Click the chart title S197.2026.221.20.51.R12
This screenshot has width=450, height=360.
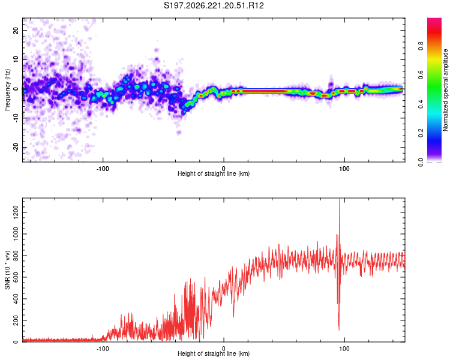click(x=214, y=5)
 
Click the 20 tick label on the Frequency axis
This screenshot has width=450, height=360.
click(x=16, y=30)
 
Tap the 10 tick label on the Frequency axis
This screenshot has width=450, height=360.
click(x=16, y=59)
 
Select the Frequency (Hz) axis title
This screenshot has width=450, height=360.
click(x=7, y=90)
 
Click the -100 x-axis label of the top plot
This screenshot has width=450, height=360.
click(x=103, y=169)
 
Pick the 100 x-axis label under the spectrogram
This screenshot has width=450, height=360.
click(x=344, y=169)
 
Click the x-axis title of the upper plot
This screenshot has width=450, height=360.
click(x=214, y=173)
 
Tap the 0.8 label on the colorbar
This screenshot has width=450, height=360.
click(x=421, y=46)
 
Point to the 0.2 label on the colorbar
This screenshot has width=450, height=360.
click(x=421, y=133)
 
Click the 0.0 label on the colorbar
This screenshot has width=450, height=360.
click(x=421, y=162)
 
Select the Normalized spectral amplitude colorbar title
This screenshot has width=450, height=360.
click(x=445, y=90)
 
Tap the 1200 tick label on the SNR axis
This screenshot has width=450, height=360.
click(x=16, y=212)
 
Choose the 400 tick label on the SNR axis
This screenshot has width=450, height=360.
click(x=16, y=299)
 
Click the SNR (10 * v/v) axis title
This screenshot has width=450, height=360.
click(x=7, y=270)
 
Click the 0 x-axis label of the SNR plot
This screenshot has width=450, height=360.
click(x=224, y=349)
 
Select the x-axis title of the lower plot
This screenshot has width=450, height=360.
click(x=214, y=353)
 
